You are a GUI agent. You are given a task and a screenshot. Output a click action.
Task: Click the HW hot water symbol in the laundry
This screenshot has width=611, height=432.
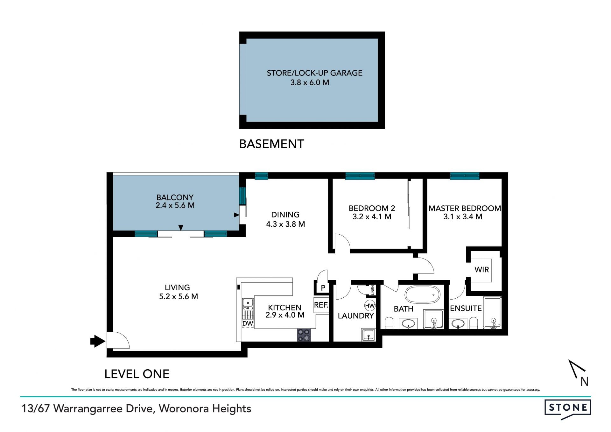click(x=370, y=306)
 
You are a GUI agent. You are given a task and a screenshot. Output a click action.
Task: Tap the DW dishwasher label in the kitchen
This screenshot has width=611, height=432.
click(x=248, y=324)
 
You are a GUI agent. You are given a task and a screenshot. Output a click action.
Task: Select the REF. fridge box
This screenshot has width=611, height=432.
click(x=321, y=305)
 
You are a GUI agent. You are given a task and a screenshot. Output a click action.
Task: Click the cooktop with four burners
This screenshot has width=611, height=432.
click(x=304, y=335)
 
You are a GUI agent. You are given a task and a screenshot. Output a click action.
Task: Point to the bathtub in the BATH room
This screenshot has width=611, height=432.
click(x=422, y=295)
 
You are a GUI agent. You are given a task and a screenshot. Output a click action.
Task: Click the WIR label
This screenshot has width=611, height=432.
click(x=481, y=270)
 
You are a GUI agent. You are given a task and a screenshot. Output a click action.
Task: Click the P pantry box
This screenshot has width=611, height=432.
click(x=323, y=288)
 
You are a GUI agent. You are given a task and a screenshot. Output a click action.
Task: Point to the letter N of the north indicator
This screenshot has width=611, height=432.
click(x=584, y=381)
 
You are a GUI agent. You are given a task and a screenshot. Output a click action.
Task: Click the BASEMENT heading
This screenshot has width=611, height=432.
click(x=271, y=144)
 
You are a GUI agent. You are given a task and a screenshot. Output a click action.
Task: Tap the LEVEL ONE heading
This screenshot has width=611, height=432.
click(x=137, y=374)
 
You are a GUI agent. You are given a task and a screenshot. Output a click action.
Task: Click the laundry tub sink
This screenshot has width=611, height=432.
click(x=369, y=335)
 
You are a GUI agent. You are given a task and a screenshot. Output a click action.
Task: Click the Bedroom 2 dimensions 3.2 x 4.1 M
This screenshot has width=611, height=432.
click(x=372, y=217)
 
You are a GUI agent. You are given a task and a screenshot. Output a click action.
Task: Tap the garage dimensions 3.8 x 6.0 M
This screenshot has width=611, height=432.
click(x=310, y=82)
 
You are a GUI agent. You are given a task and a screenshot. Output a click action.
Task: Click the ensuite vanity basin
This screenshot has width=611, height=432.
click(x=458, y=323)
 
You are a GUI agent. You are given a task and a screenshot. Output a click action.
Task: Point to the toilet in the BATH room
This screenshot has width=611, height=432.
click(x=389, y=323)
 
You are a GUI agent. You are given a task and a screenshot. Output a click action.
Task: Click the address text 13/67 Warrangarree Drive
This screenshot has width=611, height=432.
click(x=88, y=409)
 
